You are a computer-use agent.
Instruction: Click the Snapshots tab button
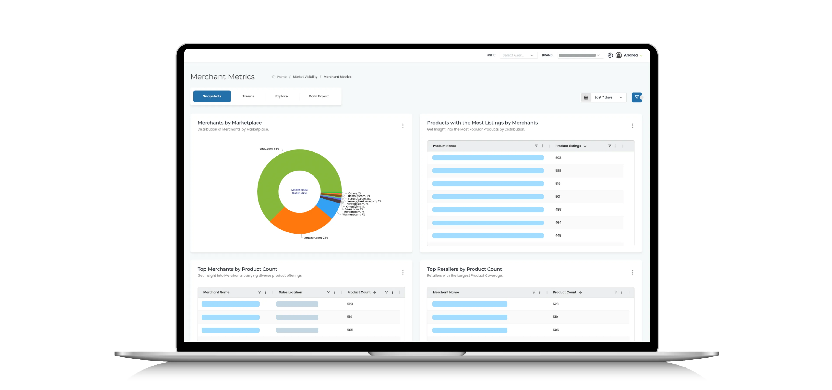pos(212,96)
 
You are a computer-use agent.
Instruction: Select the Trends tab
pos(248,96)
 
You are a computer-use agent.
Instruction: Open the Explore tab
pos(281,96)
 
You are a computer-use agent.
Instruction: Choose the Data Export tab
pos(318,96)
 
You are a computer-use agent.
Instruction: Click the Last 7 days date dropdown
pos(603,97)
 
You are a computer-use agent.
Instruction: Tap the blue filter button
pos(636,97)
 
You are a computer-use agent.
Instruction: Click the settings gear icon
pos(610,55)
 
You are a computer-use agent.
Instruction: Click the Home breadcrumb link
pos(281,77)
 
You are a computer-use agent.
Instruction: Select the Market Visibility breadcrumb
pos(305,77)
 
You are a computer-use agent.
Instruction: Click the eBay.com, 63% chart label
pos(269,149)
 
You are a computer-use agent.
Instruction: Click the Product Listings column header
pos(568,146)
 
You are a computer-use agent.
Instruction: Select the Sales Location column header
pos(290,292)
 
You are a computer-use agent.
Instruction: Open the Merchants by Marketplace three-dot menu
pos(403,126)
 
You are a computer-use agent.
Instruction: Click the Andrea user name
pos(630,55)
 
